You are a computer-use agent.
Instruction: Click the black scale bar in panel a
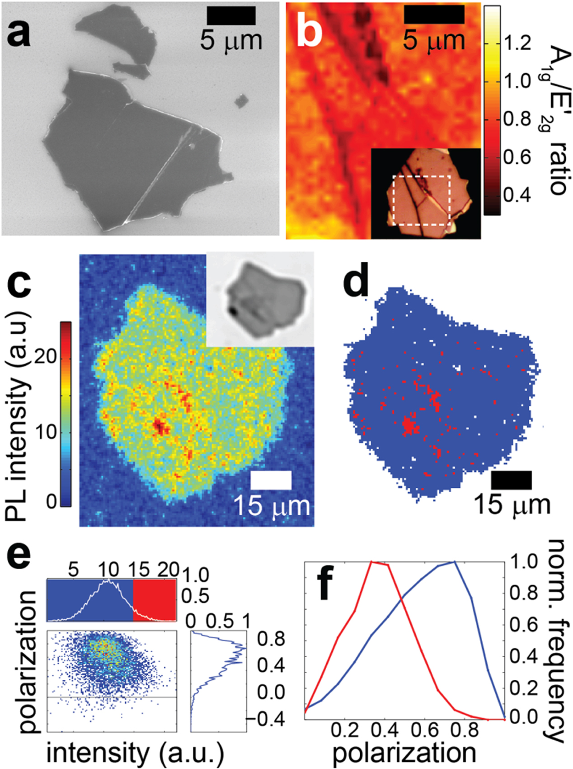click(231, 16)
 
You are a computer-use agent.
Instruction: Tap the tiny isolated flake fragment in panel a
click(241, 100)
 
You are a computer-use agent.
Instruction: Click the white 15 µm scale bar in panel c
click(271, 480)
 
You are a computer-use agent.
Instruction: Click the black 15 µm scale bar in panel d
click(511, 480)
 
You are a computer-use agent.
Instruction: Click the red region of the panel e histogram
click(155, 601)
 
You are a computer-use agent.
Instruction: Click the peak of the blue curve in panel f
click(454, 562)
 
